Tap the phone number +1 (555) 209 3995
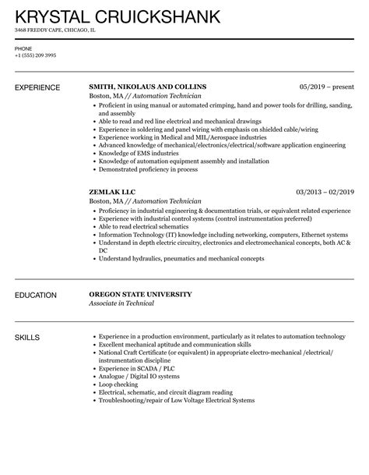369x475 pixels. click(36, 55)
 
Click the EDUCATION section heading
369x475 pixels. click(37, 295)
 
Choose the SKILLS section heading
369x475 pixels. click(28, 337)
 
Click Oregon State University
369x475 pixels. click(140, 295)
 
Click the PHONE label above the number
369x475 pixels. click(24, 48)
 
